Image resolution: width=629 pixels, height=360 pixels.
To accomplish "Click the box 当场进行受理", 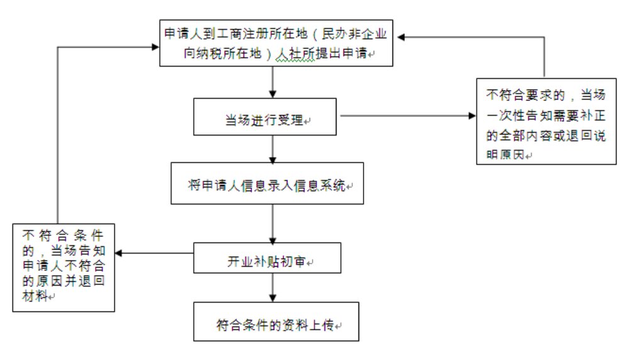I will pyautogui.click(x=267, y=117).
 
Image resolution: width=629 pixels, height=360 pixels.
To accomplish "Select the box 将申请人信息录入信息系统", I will pyautogui.click(x=267, y=184).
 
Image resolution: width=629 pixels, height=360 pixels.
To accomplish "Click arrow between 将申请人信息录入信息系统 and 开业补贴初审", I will pyautogui.click(x=272, y=223).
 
